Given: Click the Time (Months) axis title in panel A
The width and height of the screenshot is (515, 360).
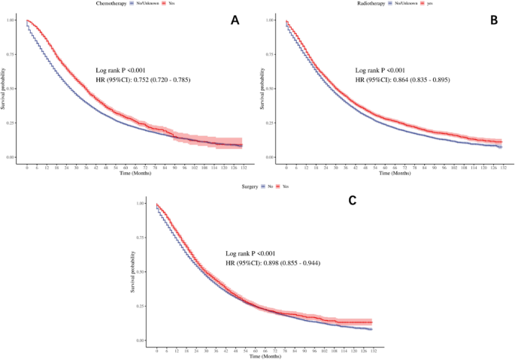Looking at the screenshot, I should (x=135, y=174).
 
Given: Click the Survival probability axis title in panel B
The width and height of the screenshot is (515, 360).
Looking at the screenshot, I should (x=262, y=89).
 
